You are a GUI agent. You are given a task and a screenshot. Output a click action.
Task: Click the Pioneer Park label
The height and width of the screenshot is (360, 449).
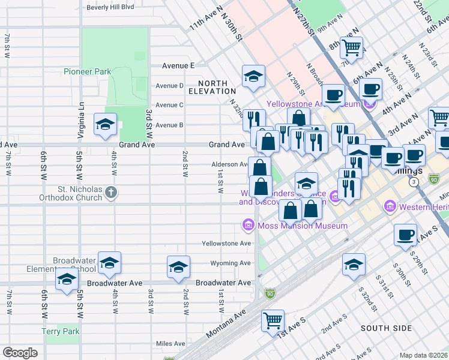87,71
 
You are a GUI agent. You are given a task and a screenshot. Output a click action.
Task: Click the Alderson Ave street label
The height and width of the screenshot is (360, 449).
229,164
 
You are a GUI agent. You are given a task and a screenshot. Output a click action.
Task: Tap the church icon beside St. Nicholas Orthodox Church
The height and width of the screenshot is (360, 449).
110,192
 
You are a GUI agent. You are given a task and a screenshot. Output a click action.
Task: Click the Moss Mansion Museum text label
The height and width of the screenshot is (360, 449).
303,226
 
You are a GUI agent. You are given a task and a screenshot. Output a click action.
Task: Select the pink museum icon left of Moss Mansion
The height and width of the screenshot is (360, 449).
247,226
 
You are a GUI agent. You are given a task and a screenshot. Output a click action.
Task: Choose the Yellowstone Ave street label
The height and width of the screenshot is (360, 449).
226,244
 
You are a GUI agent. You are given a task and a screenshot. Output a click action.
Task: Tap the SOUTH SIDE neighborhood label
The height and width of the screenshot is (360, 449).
386,328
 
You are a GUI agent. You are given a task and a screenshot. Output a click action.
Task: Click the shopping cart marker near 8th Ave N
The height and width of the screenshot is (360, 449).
351,47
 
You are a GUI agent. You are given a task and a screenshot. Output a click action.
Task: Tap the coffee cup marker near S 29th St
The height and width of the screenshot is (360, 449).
406,235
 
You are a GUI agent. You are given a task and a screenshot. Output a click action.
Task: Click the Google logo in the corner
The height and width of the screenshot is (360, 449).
20,353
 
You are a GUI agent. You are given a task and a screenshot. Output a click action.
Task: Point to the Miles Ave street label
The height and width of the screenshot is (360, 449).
170,344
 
